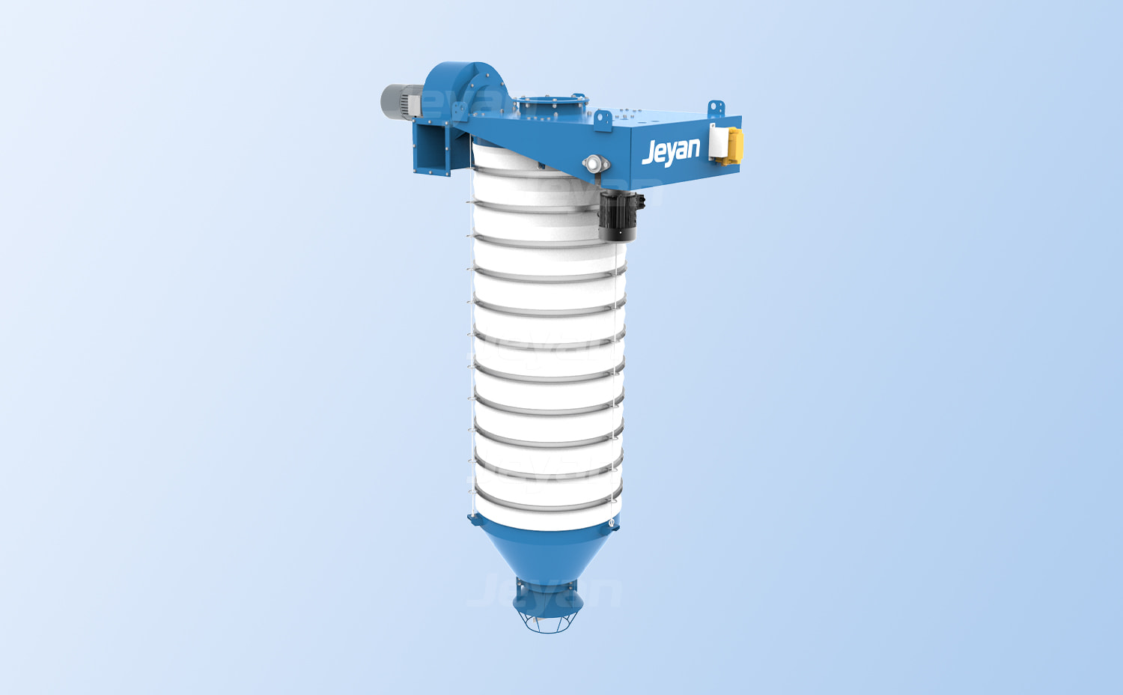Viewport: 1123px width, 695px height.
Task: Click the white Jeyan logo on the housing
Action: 671,151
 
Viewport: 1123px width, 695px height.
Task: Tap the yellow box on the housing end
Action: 733,145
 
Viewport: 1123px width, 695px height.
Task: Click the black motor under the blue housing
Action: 620,216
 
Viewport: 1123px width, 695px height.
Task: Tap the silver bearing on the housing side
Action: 595,163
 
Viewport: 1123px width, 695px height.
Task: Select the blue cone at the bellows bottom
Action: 547,552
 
